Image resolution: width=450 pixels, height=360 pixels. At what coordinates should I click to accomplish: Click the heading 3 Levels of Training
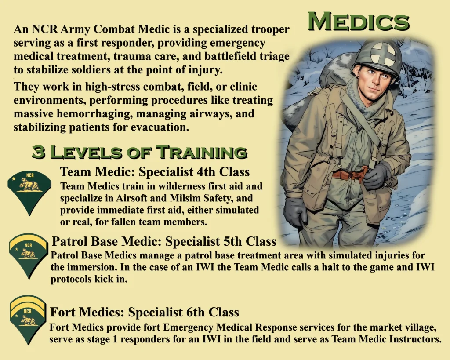click(x=139, y=152)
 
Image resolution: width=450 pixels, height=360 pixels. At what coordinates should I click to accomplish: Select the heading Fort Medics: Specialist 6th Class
click(x=144, y=312)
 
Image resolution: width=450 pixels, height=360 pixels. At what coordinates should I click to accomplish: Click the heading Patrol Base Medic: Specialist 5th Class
click(x=164, y=241)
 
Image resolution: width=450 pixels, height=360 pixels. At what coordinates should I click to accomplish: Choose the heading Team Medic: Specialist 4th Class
click(x=155, y=172)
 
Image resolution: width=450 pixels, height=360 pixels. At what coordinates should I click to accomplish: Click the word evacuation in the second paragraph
click(x=160, y=127)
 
